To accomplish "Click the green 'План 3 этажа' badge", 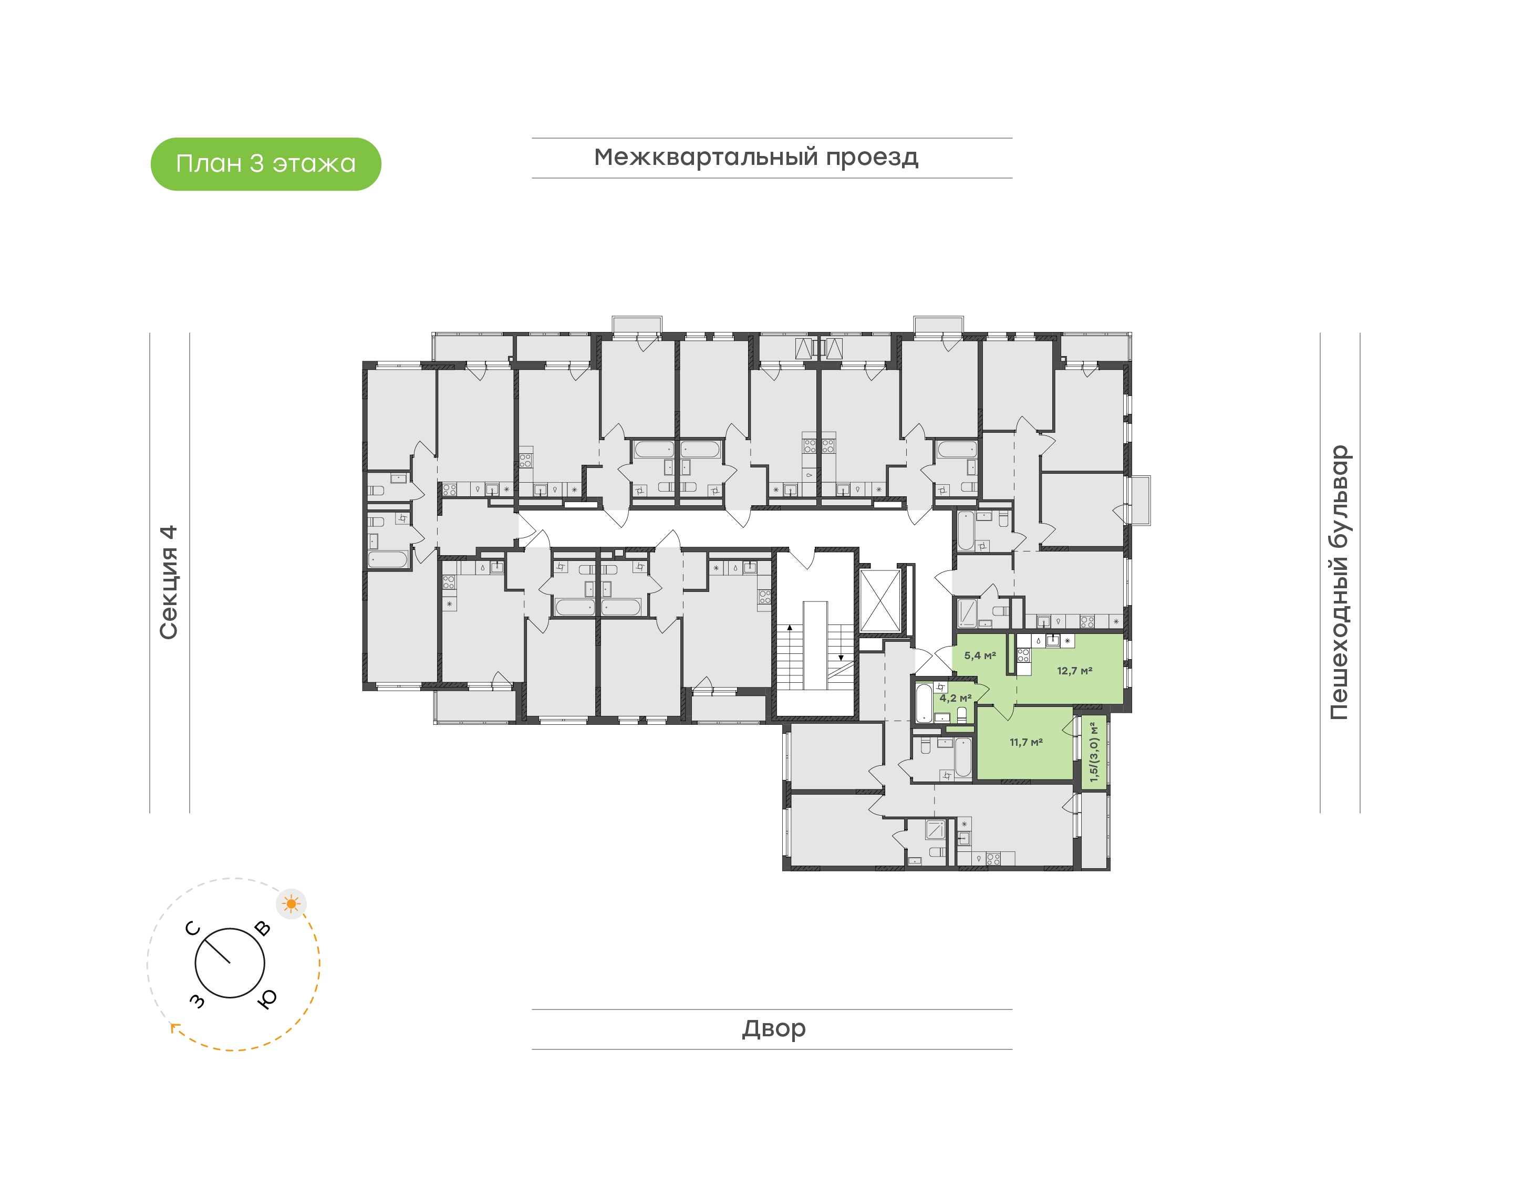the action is [265, 164].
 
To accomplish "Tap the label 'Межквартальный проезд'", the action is [755, 158].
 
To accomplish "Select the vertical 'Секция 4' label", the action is [169, 582].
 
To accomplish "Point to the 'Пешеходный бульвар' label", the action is [1339, 582].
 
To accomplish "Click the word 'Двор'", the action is [773, 1028].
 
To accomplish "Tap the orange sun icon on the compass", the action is [291, 903].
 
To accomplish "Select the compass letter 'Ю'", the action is [267, 998].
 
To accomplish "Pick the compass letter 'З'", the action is [198, 1000].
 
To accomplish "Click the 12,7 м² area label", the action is [1074, 671].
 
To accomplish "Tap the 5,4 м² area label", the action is [980, 655].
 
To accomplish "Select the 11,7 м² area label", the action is [1026, 742].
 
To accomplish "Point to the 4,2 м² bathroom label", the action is [956, 697].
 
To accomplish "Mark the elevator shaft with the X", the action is [880, 600].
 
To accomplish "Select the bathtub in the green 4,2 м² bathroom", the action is [924, 703].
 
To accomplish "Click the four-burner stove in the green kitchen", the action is [1023, 654].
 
